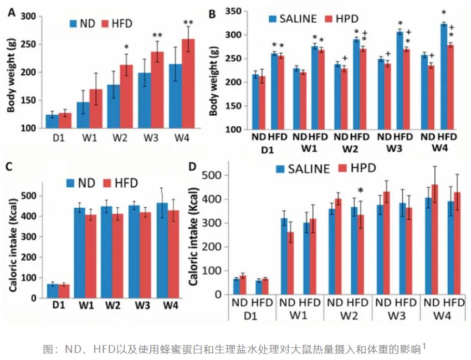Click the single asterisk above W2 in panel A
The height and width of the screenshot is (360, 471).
126,47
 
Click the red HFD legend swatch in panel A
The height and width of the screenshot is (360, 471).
105,24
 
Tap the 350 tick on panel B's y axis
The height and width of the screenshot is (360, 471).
236,11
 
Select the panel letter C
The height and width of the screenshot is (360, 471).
12,166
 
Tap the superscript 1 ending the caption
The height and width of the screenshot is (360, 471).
424,346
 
